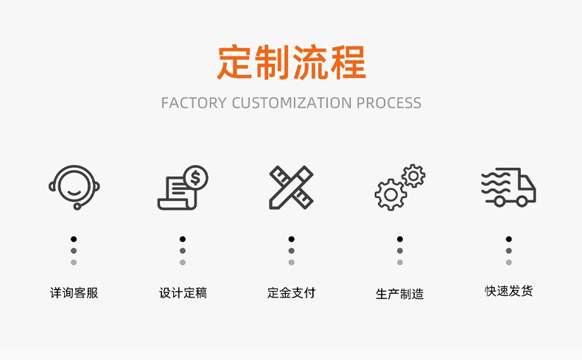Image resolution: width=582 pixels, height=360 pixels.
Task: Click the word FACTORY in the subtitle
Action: point(193,103)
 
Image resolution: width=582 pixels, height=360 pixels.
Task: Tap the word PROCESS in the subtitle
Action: point(389,103)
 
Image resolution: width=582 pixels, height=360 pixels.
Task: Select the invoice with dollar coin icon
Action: point(183,188)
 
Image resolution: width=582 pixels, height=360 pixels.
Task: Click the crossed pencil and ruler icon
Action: point(291,188)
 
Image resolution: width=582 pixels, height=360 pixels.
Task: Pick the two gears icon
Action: point(400,188)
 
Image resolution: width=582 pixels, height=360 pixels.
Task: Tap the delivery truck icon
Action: point(508,188)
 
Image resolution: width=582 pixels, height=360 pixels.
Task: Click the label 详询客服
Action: point(74,293)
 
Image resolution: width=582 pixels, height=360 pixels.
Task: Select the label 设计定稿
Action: point(183,293)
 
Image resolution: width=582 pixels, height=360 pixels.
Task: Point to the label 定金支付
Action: point(291,293)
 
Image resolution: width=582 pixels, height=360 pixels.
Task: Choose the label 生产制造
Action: point(400,294)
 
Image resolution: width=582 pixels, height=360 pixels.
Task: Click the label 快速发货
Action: point(508,291)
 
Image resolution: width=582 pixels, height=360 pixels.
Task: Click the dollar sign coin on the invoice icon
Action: point(196,177)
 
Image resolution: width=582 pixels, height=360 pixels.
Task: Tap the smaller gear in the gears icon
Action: point(414,175)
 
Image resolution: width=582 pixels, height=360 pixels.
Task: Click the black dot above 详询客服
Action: point(74,239)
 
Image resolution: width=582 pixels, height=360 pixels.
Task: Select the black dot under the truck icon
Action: point(508,239)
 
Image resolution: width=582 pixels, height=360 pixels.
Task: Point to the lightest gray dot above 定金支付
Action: point(291,262)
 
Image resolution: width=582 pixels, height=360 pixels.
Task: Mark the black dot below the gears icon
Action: point(400,239)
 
